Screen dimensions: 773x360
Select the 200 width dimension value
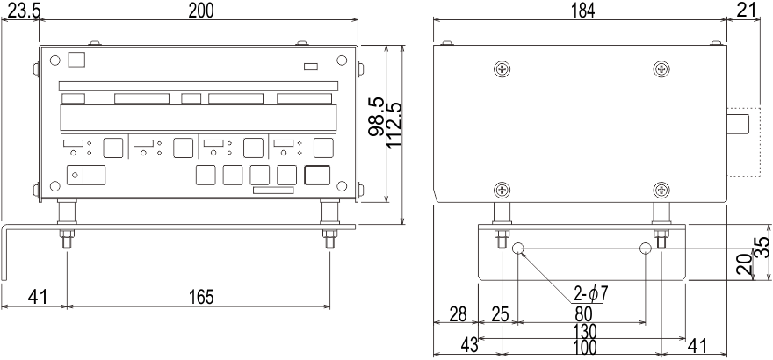pyautogui.click(x=201, y=11)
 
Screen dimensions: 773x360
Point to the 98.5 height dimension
pyautogui.click(x=377, y=117)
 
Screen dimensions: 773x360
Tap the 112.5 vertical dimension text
pyautogui.click(x=394, y=125)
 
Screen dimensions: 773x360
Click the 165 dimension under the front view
pyautogui.click(x=201, y=297)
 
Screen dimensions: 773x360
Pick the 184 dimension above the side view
pyautogui.click(x=582, y=11)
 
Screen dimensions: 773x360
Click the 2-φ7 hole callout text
pyautogui.click(x=591, y=294)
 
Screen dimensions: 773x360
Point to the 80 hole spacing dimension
pyautogui.click(x=583, y=313)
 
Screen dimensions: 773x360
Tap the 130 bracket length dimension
pyautogui.click(x=585, y=330)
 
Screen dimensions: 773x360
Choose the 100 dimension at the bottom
pyautogui.click(x=585, y=347)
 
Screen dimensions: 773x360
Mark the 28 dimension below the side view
pyautogui.click(x=458, y=313)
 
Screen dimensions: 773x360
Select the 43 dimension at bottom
pyautogui.click(x=469, y=346)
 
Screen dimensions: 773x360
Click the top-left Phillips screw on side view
pyautogui.click(x=502, y=69)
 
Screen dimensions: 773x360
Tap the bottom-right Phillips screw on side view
pyautogui.click(x=661, y=190)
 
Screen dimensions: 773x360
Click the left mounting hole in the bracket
pyautogui.click(x=518, y=248)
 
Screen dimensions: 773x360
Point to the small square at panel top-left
pyautogui.click(x=76, y=59)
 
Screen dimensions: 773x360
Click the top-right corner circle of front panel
pyautogui.click(x=342, y=61)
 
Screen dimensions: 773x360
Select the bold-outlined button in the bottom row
pyautogui.click(x=317, y=175)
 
